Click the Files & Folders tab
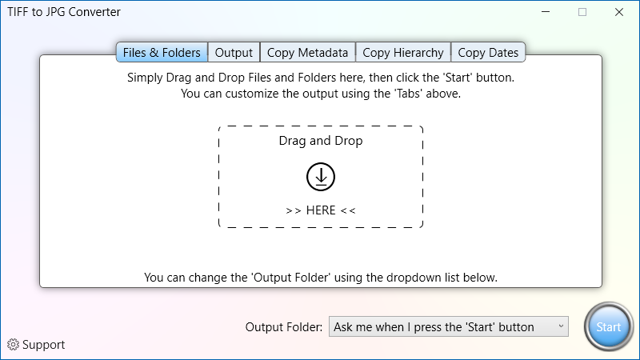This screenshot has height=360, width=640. pyautogui.click(x=162, y=53)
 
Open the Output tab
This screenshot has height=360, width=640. pyautogui.click(x=234, y=53)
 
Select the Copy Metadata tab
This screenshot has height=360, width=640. pyautogui.click(x=307, y=53)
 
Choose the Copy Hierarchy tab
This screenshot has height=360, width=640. pyautogui.click(x=403, y=53)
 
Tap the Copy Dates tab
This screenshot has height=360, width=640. pyautogui.click(x=488, y=53)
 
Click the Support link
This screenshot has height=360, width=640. pyautogui.click(x=43, y=345)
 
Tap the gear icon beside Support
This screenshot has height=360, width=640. pyautogui.click(x=13, y=345)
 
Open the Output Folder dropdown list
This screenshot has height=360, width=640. pyautogui.click(x=449, y=326)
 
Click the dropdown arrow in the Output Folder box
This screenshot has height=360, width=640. pyautogui.click(x=561, y=326)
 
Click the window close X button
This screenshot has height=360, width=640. pyautogui.click(x=619, y=12)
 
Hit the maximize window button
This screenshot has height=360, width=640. pyautogui.click(x=582, y=12)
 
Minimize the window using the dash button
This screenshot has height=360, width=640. pyautogui.click(x=546, y=12)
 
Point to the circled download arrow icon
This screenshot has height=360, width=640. pyautogui.click(x=321, y=177)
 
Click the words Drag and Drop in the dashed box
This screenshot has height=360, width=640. pyautogui.click(x=321, y=141)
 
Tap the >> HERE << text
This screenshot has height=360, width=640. pyautogui.click(x=321, y=210)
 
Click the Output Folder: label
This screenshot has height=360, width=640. pyautogui.click(x=284, y=327)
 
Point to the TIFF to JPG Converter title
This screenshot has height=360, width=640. pyautogui.click(x=64, y=12)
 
